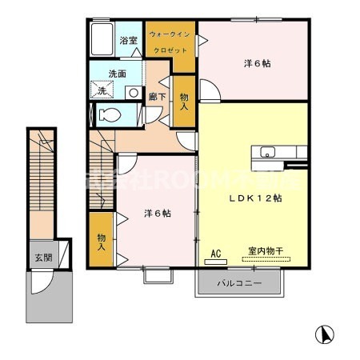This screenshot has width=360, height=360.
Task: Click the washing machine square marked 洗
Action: [103, 91]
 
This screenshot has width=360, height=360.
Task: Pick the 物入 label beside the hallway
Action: [184, 100]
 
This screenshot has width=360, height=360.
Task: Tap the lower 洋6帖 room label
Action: [158, 213]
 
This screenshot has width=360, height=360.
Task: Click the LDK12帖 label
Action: [255, 197]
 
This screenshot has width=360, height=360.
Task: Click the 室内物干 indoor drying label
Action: [264, 251]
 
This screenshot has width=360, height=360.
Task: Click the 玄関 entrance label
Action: [42, 258]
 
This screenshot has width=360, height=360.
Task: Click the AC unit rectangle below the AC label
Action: [215, 260]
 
